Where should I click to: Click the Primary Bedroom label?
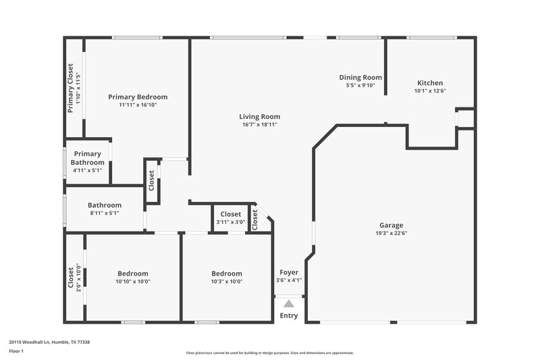point(138,97)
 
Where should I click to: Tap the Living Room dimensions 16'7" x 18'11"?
point(260,125)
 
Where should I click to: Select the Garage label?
point(391,226)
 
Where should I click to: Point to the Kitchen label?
point(430,83)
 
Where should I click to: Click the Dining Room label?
point(360,78)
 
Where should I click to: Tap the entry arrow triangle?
point(289,304)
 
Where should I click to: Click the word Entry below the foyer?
point(289,316)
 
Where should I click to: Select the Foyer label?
point(289,272)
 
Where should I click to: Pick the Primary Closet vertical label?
point(70,88)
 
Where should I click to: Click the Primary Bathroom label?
point(88,158)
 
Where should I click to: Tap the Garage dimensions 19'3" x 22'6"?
point(391,234)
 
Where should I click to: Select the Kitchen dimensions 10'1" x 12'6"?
point(430,91)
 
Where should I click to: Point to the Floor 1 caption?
point(16,352)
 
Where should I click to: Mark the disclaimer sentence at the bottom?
point(270,353)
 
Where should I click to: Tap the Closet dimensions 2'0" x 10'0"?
point(78,277)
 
